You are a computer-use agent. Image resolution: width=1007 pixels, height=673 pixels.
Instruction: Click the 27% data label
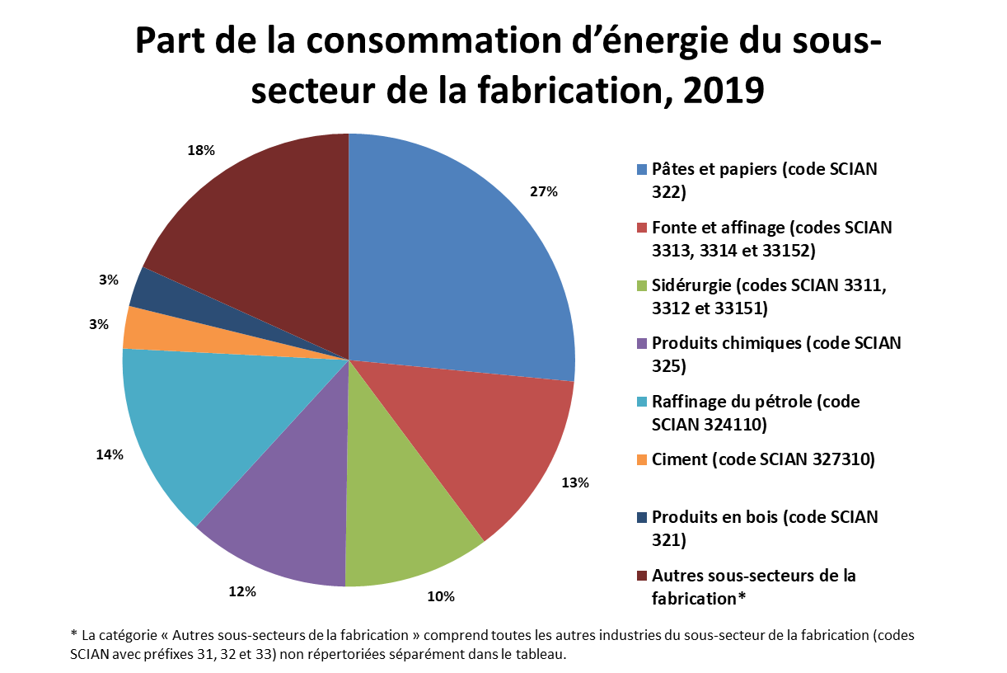coord(544,191)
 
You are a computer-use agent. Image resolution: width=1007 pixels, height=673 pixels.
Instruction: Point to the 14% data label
coord(109,454)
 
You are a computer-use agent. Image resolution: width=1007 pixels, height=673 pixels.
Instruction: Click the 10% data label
coord(441,596)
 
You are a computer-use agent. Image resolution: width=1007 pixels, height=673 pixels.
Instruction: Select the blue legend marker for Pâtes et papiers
coord(642,170)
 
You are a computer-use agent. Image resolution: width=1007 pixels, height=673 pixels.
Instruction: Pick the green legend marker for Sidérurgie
coord(642,286)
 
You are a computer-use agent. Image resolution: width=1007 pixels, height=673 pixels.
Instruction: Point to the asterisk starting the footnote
coord(74,635)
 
